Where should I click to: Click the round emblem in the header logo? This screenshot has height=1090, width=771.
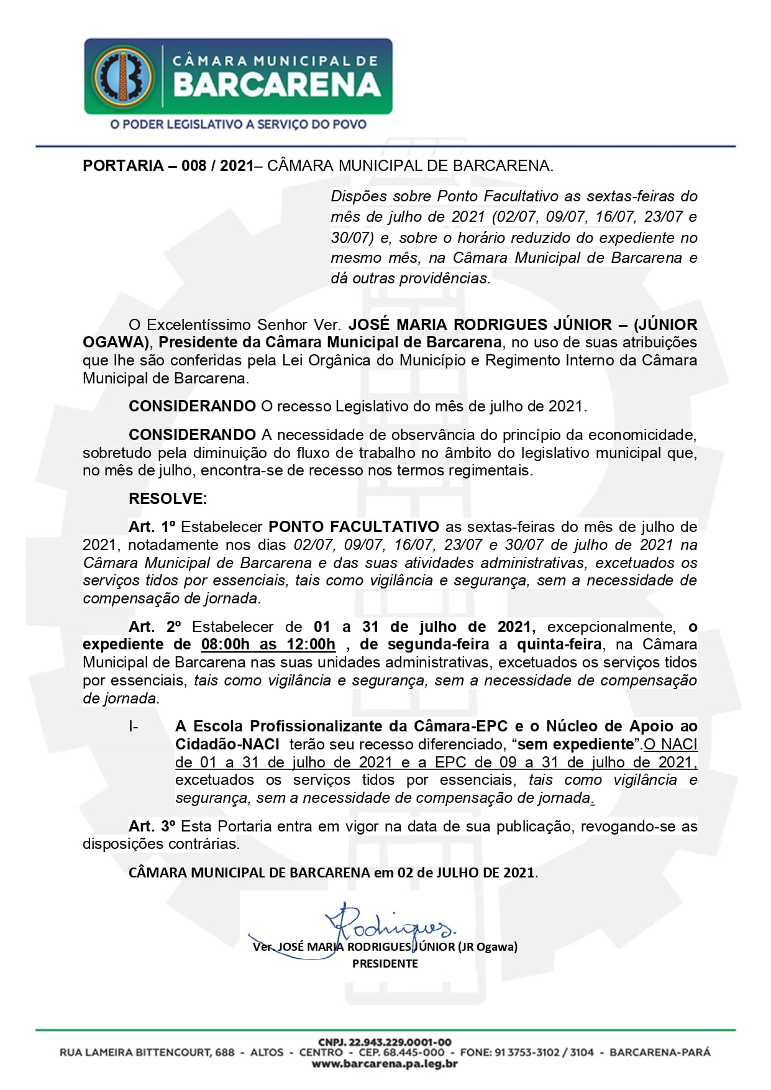click(122, 75)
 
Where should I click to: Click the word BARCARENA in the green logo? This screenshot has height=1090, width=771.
click(277, 86)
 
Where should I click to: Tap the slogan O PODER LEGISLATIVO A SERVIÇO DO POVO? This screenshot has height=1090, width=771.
click(238, 124)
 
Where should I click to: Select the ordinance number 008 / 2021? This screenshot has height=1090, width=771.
click(217, 166)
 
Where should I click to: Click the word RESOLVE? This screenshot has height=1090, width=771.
click(168, 498)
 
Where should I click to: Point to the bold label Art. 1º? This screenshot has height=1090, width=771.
click(152, 527)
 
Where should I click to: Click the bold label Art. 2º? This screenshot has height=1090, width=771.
click(153, 626)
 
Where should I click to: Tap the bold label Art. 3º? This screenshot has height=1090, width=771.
click(152, 826)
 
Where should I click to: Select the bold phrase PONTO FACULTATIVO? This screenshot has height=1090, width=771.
click(354, 527)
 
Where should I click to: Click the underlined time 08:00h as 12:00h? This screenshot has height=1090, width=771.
click(268, 644)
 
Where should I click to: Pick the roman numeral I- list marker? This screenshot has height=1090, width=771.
click(134, 726)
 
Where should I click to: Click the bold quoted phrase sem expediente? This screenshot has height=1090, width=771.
click(575, 744)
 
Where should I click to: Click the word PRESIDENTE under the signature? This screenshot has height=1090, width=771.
click(385, 963)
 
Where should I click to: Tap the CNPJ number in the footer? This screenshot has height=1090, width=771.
click(385, 1042)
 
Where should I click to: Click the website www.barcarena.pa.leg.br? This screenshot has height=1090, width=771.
click(385, 1064)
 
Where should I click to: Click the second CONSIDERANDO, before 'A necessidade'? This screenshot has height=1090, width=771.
click(192, 435)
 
